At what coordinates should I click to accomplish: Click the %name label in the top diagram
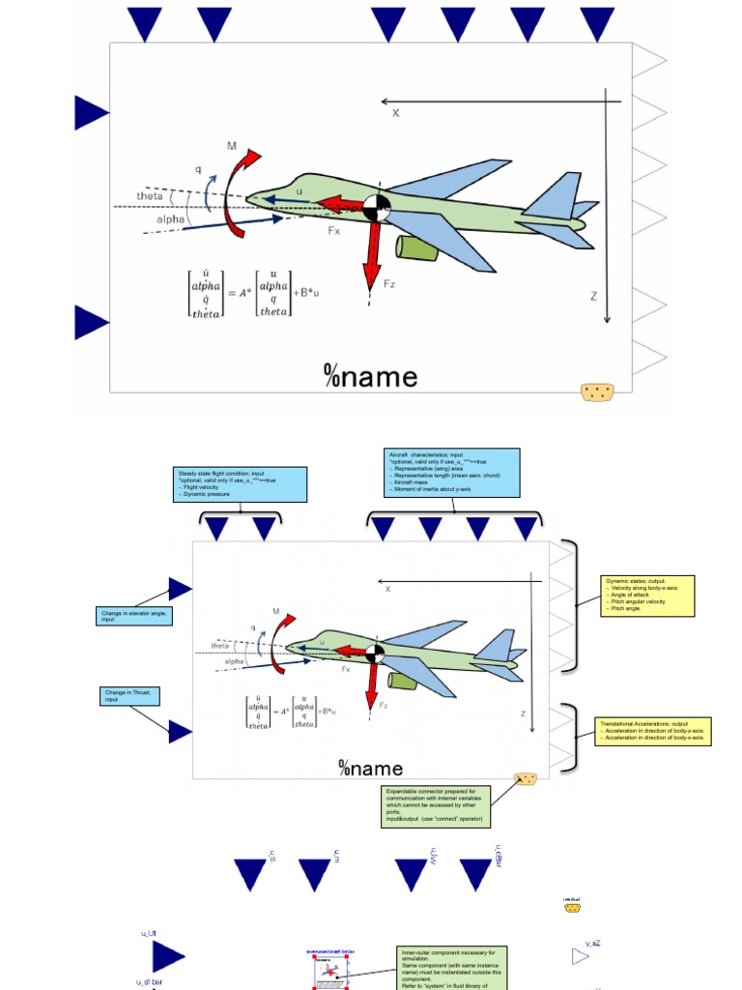point(371,376)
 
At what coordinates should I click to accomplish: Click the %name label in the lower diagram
point(371,769)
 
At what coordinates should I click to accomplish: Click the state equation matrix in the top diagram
point(254,294)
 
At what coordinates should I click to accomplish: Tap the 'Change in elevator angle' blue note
point(135,615)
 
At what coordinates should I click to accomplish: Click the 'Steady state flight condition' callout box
point(241,484)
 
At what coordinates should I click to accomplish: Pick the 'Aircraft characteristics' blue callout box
point(452,472)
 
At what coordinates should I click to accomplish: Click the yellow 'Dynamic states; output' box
point(647,596)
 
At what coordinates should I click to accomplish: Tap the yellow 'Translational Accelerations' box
point(654,731)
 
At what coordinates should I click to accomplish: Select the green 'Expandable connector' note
point(437,806)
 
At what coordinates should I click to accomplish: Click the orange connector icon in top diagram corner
point(597,392)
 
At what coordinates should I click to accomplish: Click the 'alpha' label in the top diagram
point(170,219)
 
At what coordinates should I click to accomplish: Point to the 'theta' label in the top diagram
point(150,195)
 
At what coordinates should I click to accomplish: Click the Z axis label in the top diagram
point(594,296)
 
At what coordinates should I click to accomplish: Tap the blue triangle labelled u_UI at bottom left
point(168,957)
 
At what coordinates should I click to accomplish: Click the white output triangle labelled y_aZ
point(580,956)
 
